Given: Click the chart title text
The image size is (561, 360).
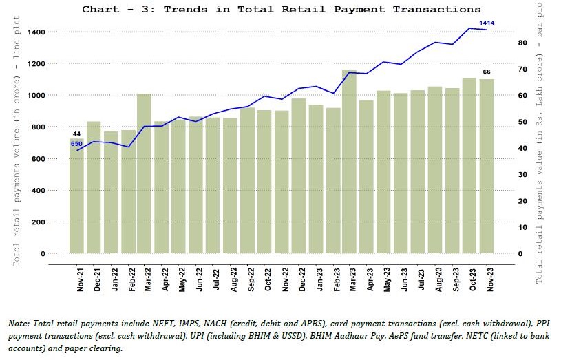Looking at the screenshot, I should (x=281, y=9).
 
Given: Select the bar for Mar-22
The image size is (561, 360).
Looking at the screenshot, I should (x=144, y=173).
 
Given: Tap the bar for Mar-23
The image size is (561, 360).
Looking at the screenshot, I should (x=349, y=162).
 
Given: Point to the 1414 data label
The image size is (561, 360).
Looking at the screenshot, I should (x=487, y=24).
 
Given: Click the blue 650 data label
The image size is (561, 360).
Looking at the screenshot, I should (x=76, y=144).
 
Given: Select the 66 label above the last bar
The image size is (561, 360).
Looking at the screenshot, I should (x=486, y=72).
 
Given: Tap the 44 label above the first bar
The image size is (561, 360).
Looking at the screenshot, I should (x=76, y=134).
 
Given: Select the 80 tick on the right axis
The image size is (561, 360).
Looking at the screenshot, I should (x=522, y=43).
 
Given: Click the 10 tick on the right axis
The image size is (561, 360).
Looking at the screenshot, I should (x=522, y=227).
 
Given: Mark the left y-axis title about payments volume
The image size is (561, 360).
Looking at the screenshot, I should (x=16, y=147).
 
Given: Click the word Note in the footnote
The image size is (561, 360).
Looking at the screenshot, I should (x=19, y=323).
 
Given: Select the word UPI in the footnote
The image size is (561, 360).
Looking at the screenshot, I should (x=202, y=336).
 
